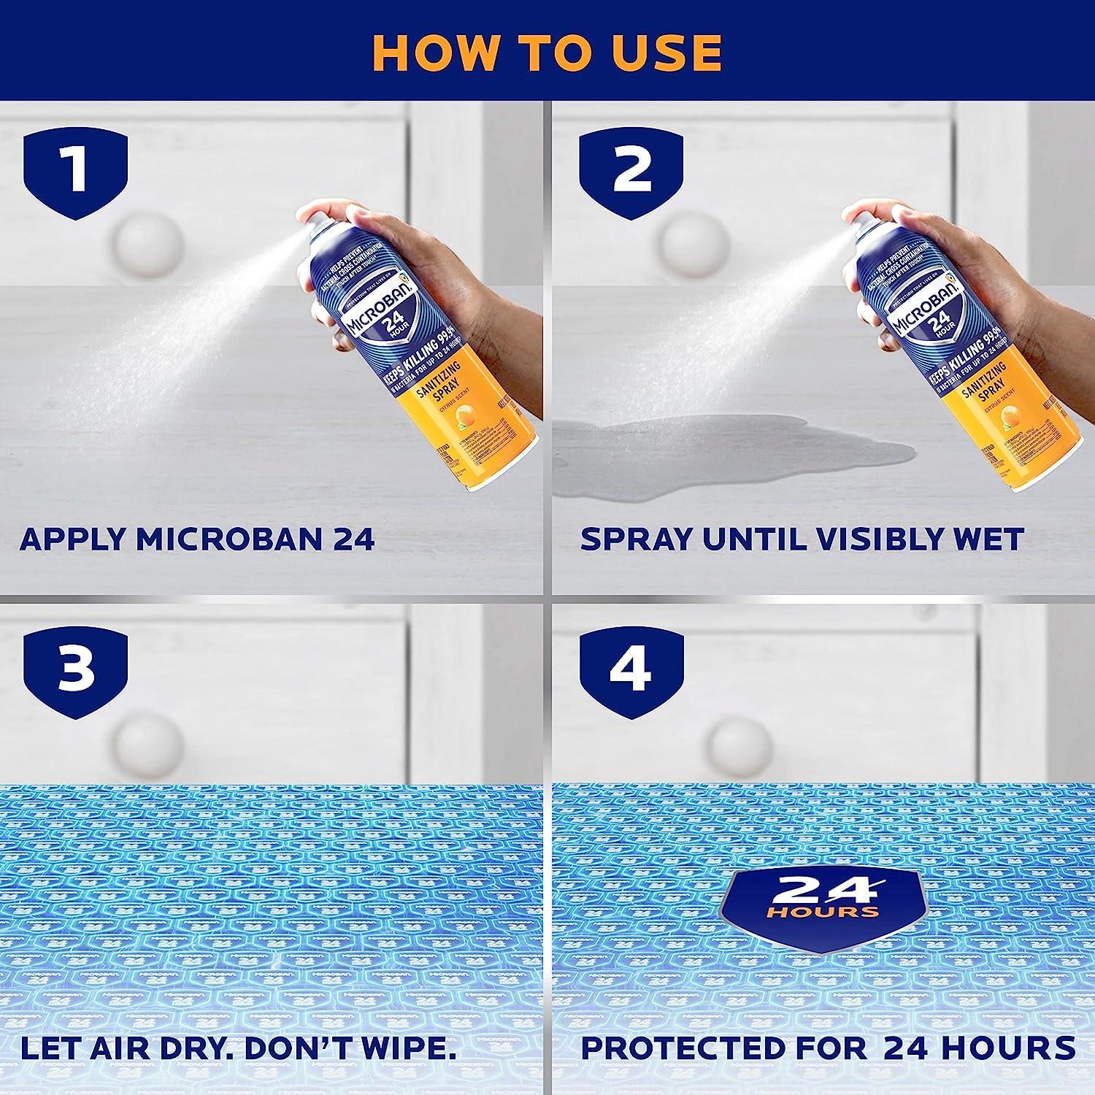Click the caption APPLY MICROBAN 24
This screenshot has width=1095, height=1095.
[x=197, y=539]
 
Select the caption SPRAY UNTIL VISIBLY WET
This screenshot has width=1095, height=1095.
[x=802, y=539]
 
